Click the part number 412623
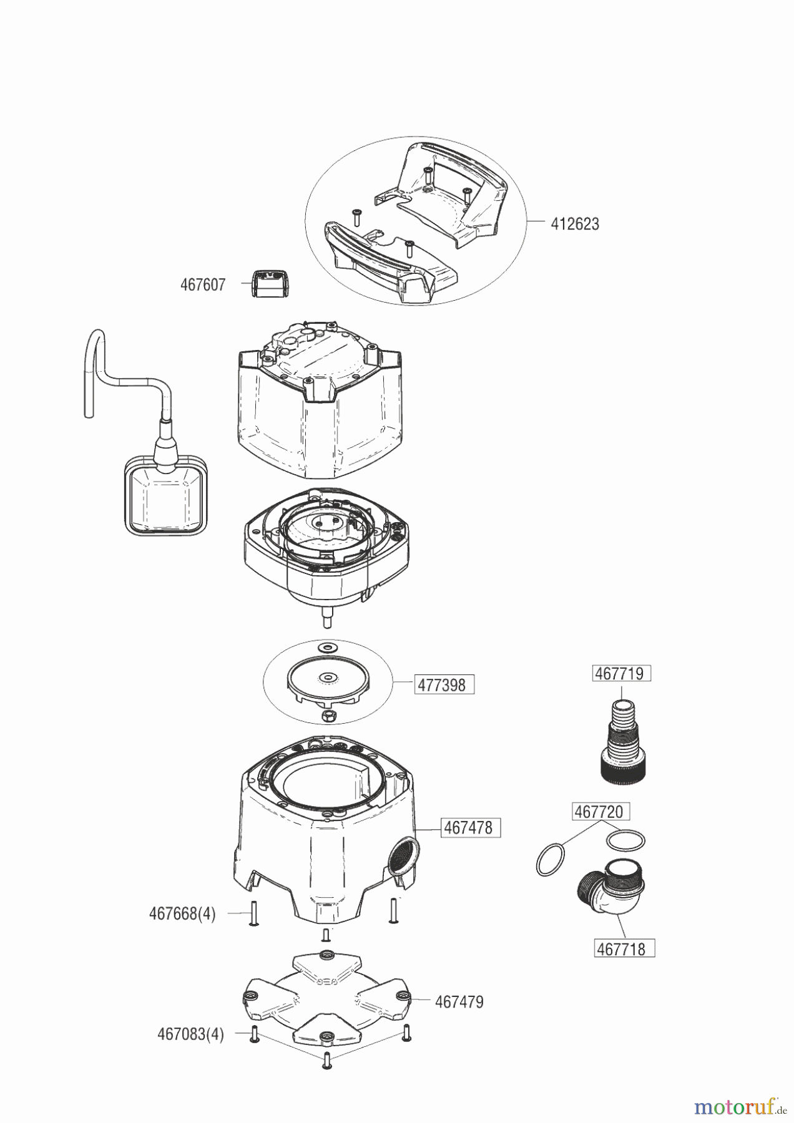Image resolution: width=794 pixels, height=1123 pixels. (x=574, y=224)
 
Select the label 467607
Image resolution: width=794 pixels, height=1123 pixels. (x=203, y=285)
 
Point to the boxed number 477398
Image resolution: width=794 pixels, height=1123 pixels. (x=442, y=685)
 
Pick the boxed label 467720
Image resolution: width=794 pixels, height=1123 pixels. (x=599, y=812)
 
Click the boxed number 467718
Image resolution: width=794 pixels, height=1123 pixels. (x=622, y=949)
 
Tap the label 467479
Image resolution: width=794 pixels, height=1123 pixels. (x=459, y=1002)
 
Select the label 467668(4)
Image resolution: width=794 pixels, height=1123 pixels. (x=182, y=914)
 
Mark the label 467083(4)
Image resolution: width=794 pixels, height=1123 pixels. (x=190, y=1034)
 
